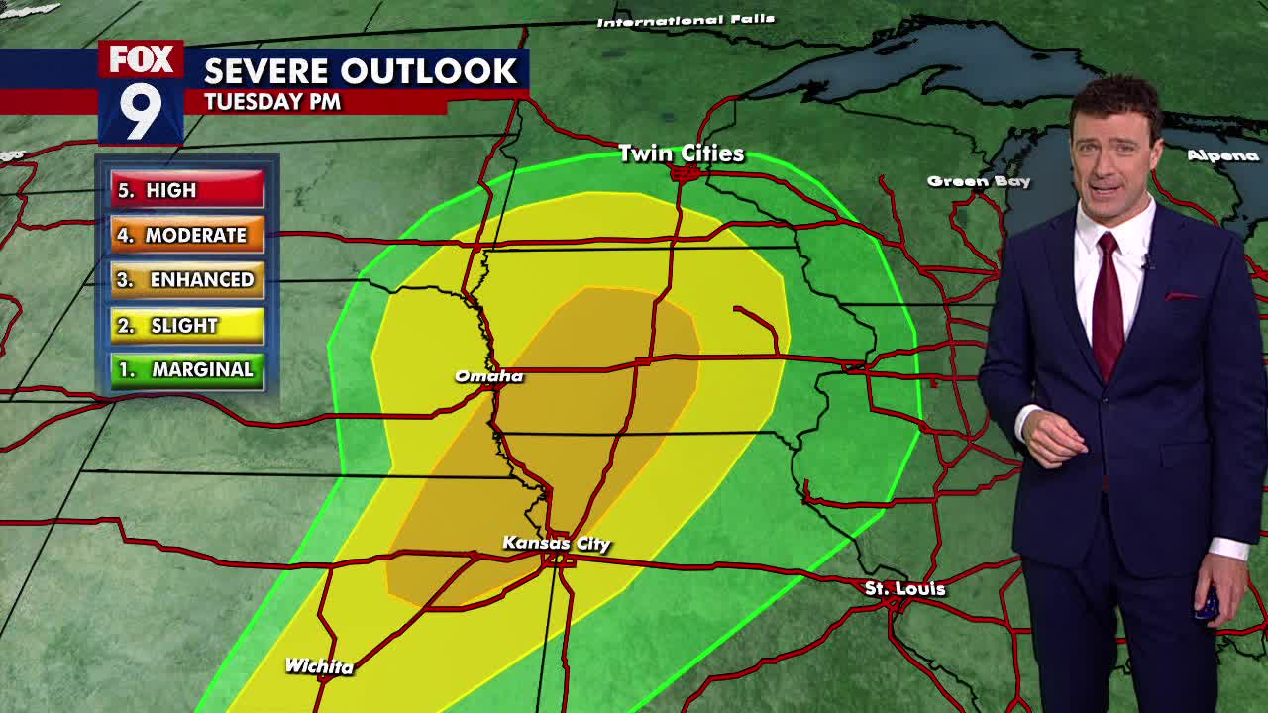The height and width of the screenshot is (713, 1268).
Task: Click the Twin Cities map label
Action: pyautogui.click(x=681, y=153)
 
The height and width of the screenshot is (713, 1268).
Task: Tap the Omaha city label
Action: pyautogui.click(x=488, y=376)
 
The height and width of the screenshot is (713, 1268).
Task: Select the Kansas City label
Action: pyautogui.click(x=556, y=543)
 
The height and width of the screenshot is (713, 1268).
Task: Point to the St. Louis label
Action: pyautogui.click(x=904, y=589)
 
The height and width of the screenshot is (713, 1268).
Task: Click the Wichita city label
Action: pyautogui.click(x=319, y=666)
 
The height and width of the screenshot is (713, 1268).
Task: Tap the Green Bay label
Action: pyautogui.click(x=979, y=181)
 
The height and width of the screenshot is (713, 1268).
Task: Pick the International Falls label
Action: pyautogui.click(x=686, y=21)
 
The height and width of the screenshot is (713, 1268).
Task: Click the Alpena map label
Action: pyautogui.click(x=1222, y=155)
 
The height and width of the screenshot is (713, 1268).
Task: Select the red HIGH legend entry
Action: pyautogui.click(x=187, y=190)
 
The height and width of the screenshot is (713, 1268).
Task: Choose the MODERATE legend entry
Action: pyautogui.click(x=187, y=235)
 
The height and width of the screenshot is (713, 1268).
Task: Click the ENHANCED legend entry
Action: pyautogui.click(x=187, y=280)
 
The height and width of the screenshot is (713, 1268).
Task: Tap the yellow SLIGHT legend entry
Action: pyautogui.click(x=187, y=325)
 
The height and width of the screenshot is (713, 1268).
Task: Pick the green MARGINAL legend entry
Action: pyautogui.click(x=187, y=370)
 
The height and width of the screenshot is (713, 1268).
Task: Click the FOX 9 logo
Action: pyautogui.click(x=141, y=92)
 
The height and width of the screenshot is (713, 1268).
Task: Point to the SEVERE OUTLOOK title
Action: pyautogui.click(x=361, y=71)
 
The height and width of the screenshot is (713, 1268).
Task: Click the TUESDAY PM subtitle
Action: pyautogui.click(x=272, y=101)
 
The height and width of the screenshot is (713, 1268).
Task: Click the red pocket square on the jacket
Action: pyautogui.click(x=1182, y=296)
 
